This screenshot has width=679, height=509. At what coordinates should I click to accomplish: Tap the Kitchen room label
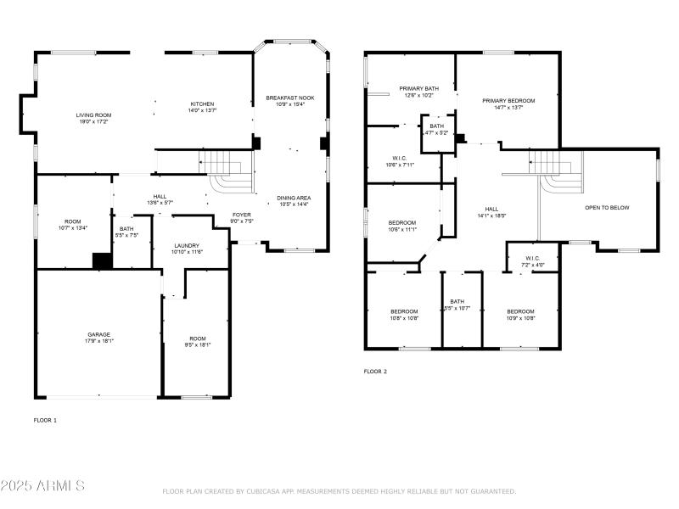click(201, 103)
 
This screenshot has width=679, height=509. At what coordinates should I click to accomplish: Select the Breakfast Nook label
click(289, 98)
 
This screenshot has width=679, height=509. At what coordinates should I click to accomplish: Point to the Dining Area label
click(294, 198)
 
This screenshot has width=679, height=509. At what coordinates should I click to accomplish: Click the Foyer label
click(242, 215)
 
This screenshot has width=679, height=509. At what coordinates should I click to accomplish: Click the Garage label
click(98, 334)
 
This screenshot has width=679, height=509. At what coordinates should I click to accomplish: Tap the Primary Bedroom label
click(508, 100)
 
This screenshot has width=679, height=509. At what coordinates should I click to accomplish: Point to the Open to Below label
click(607, 207)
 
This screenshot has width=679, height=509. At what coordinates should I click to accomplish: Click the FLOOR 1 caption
click(45, 420)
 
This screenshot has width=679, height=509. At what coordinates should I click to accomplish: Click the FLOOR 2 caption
click(375, 372)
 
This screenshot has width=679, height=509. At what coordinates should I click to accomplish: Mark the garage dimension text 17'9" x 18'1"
click(98, 341)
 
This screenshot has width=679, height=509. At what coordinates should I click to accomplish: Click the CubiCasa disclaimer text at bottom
click(339, 491)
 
